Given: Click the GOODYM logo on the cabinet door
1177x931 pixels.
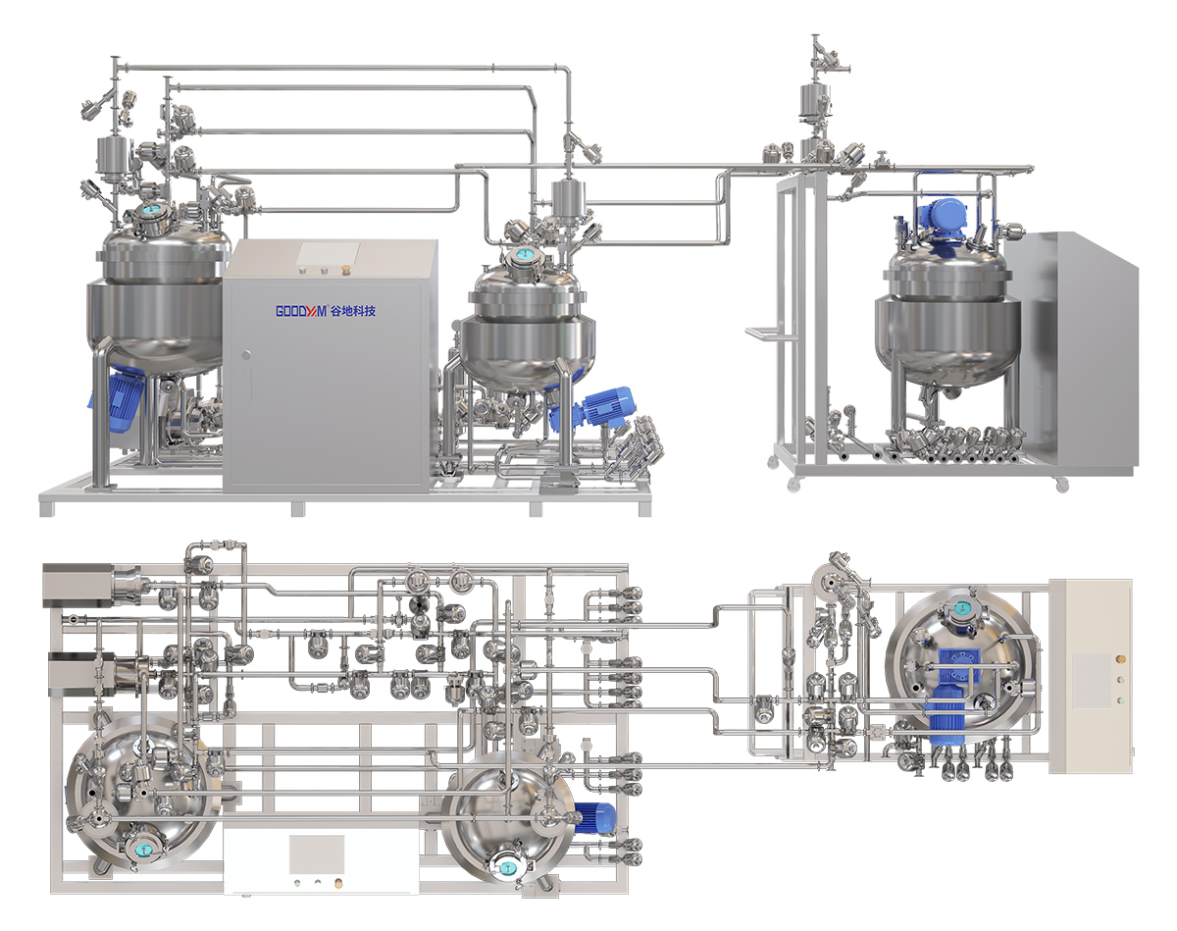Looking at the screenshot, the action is (301, 311).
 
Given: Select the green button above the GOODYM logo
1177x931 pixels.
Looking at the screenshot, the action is (301, 269).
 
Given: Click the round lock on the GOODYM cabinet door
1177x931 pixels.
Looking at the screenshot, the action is (246, 355).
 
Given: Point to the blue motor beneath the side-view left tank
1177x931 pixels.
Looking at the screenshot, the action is (122, 398).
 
